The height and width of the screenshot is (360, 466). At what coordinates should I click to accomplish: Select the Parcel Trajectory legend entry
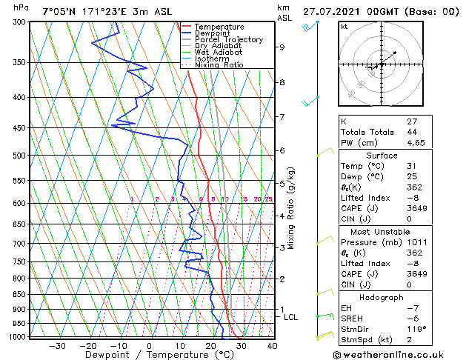[228, 40]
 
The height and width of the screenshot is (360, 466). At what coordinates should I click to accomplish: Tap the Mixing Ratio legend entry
[219, 65]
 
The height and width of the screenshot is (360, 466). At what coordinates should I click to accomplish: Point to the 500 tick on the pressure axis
[16, 156]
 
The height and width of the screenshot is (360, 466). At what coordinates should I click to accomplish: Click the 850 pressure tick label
[16, 294]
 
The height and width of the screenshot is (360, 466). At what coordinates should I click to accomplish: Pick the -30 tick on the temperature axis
[57, 345]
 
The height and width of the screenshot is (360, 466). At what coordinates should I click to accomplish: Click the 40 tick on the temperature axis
[273, 345]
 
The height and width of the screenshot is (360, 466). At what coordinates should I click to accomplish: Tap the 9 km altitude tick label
[282, 47]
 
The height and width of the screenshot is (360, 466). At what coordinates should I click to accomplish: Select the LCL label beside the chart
[291, 317]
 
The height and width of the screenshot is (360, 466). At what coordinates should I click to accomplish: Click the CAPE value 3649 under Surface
[414, 208]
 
